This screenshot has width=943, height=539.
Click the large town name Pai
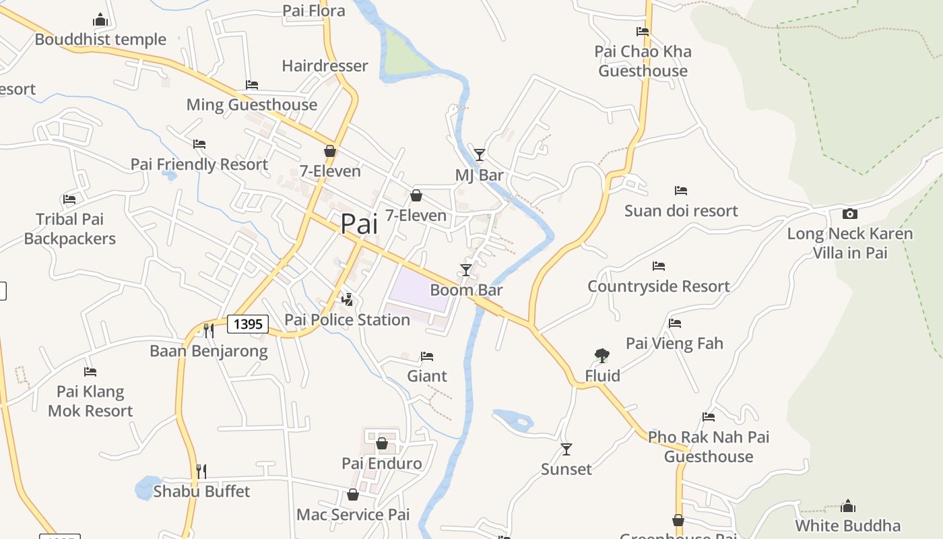click(359, 224)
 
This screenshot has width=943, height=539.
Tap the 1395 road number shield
click(248, 324)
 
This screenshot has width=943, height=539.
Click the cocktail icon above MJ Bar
click(479, 155)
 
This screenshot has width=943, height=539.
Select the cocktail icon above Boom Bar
click(465, 270)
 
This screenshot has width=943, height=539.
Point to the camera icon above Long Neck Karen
click(850, 214)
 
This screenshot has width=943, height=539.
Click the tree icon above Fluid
click(602, 355)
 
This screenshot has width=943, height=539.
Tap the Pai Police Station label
click(347, 319)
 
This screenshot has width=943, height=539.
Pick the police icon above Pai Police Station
click(348, 299)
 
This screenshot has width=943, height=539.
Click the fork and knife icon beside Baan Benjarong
click(209, 330)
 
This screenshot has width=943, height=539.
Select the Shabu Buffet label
click(201, 491)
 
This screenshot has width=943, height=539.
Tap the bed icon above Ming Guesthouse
click(252, 85)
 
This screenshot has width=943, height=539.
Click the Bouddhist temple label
click(100, 39)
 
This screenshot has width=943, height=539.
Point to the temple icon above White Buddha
click(848, 506)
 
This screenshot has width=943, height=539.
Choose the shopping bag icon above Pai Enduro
click(382, 443)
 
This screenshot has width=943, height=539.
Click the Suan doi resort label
click(681, 211)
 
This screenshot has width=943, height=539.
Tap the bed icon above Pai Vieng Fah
click(675, 323)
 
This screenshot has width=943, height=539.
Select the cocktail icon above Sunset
click(566, 449)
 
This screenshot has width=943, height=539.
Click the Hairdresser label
click(325, 65)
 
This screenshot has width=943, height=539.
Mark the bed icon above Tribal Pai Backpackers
click(69, 199)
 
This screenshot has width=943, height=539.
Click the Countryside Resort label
click(659, 286)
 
